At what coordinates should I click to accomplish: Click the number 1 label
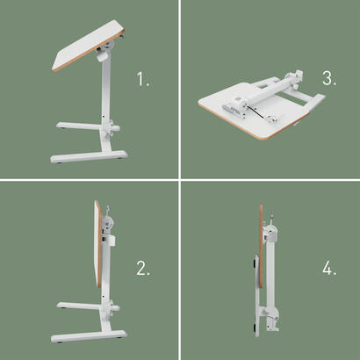[x=143, y=80]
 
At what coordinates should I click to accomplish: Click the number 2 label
[x=143, y=269]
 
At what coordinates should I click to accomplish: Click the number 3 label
[x=328, y=78]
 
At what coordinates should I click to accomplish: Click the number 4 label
[x=328, y=269]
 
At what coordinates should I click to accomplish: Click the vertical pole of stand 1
[x=104, y=97]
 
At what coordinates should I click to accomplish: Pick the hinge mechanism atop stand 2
[x=108, y=214]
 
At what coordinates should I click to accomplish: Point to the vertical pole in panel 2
[x=105, y=281]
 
